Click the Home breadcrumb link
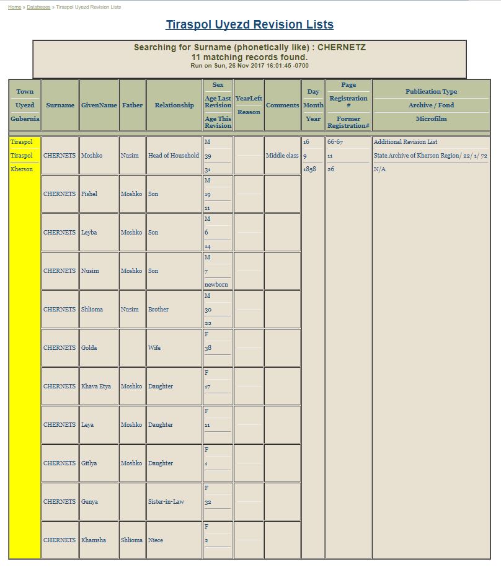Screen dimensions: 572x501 tap(14, 7)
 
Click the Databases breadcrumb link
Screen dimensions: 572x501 tap(38, 7)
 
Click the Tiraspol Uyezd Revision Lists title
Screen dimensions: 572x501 tap(249, 25)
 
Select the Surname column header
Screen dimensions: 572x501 tap(60, 105)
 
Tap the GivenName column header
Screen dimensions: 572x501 tap(99, 105)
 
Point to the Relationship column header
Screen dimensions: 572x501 tap(174, 105)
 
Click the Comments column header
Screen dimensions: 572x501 tap(282, 105)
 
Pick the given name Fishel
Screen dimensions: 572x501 tap(89, 194)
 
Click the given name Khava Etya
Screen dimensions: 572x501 tap(96, 387)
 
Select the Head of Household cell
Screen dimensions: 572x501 tap(174, 156)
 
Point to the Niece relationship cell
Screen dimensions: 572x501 tap(156, 540)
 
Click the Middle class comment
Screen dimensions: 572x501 tap(282, 156)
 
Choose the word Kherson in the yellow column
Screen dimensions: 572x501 tap(22, 169)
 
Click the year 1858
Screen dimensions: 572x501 tap(309, 169)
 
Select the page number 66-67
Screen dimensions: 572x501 tap(335, 142)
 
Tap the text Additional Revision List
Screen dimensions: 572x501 tap(406, 142)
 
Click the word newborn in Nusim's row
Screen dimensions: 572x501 tap(216, 285)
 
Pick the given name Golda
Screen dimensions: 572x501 tap(89, 348)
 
